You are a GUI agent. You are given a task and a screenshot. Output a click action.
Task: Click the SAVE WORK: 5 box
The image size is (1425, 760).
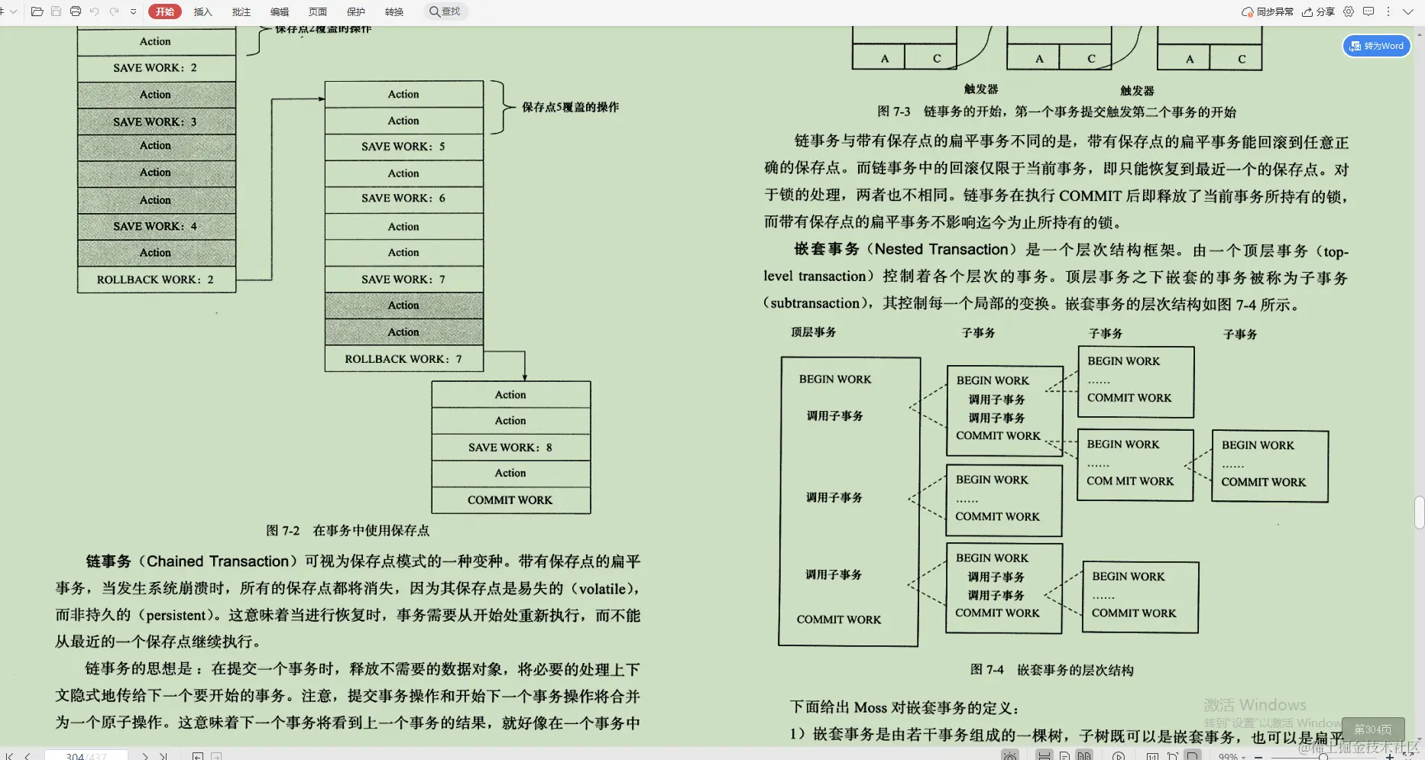tap(403, 147)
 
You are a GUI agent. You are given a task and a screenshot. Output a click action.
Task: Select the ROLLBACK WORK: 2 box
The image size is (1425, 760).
tap(156, 280)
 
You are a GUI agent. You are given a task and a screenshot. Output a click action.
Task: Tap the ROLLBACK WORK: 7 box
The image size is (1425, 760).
tap(403, 359)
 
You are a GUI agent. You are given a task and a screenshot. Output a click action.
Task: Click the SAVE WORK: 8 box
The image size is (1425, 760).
tap(510, 448)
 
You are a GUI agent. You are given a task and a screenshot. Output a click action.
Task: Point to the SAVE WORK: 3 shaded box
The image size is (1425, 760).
tap(156, 121)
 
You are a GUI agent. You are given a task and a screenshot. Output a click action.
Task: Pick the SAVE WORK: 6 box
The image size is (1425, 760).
tap(403, 199)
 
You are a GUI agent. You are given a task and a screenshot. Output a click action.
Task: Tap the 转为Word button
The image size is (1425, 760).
tap(1377, 46)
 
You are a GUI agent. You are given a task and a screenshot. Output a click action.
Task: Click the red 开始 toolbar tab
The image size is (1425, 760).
tap(165, 11)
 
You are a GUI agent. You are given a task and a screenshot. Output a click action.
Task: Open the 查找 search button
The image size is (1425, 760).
tap(445, 11)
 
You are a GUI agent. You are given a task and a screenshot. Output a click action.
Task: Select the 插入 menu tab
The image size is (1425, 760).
tap(202, 11)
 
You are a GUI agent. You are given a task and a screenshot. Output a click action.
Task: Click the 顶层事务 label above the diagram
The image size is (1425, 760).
tap(813, 332)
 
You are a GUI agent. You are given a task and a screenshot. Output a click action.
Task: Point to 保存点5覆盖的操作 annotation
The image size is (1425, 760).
tap(570, 107)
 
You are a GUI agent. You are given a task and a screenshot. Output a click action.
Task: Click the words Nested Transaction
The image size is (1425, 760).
tap(941, 250)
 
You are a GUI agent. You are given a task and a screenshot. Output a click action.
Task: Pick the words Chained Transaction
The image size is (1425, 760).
tap(218, 561)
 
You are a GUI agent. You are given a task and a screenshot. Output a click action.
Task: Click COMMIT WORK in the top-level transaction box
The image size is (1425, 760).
tap(838, 619)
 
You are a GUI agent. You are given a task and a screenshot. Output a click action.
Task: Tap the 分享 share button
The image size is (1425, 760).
tap(1319, 11)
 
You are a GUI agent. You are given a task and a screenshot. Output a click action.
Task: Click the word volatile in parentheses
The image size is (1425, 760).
tap(602, 589)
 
